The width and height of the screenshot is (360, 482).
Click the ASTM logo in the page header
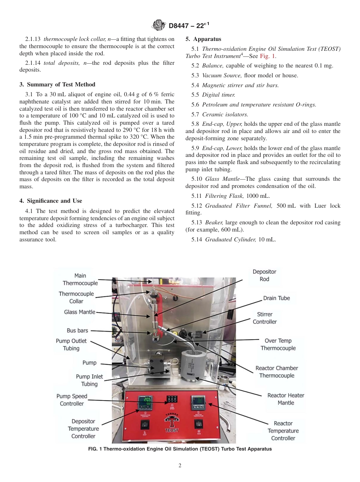click(158, 25)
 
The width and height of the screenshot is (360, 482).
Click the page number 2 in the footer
click(180, 466)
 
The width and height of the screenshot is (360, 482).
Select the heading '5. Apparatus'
click(203, 39)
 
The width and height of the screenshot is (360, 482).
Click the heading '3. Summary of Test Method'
click(57, 85)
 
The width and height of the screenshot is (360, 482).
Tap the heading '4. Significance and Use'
click(51, 201)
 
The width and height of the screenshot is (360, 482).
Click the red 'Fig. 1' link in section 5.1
click(268, 56)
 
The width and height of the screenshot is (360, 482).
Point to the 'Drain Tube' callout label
click(276, 298)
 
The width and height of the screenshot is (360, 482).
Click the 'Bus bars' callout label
click(77, 330)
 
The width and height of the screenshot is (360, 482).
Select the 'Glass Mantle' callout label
click(80, 312)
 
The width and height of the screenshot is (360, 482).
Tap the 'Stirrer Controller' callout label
click(265, 318)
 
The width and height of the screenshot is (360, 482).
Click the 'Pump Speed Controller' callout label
click(72, 400)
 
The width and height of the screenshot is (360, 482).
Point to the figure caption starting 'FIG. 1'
click(180, 449)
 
